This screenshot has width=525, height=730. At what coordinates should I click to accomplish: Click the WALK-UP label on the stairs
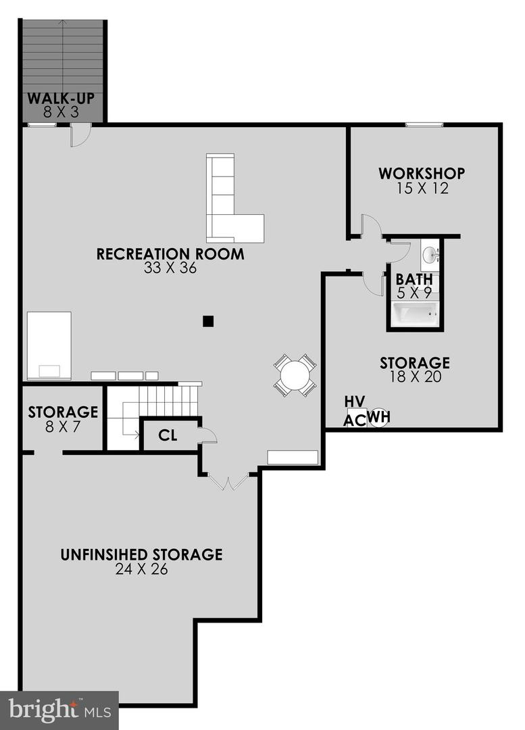pos(60,99)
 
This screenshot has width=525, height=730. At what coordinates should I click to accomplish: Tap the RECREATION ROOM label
pos(170,254)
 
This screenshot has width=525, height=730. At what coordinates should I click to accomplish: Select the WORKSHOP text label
pos(421,173)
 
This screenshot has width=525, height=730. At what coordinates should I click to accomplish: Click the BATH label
pos(415,279)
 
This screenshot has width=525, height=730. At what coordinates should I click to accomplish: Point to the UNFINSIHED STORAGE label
pos(141,555)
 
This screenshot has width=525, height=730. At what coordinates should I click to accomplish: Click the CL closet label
pos(168,435)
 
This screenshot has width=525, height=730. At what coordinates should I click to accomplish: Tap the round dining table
pos(295,375)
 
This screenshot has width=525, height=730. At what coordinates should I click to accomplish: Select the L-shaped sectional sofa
pos(230,203)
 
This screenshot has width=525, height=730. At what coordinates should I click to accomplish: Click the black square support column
pos(208,322)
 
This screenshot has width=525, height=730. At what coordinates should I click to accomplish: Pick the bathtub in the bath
pos(416,314)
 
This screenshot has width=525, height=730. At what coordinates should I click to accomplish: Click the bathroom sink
pos(430,255)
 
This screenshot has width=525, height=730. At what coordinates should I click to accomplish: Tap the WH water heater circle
pos(379,417)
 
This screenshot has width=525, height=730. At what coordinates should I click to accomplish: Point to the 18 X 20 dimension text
pos(415,377)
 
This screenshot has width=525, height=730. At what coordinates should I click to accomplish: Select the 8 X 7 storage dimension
pos(63,426)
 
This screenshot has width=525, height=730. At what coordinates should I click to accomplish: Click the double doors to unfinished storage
pos(228,482)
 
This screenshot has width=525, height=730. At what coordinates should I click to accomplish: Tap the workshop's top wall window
pos(424,124)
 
